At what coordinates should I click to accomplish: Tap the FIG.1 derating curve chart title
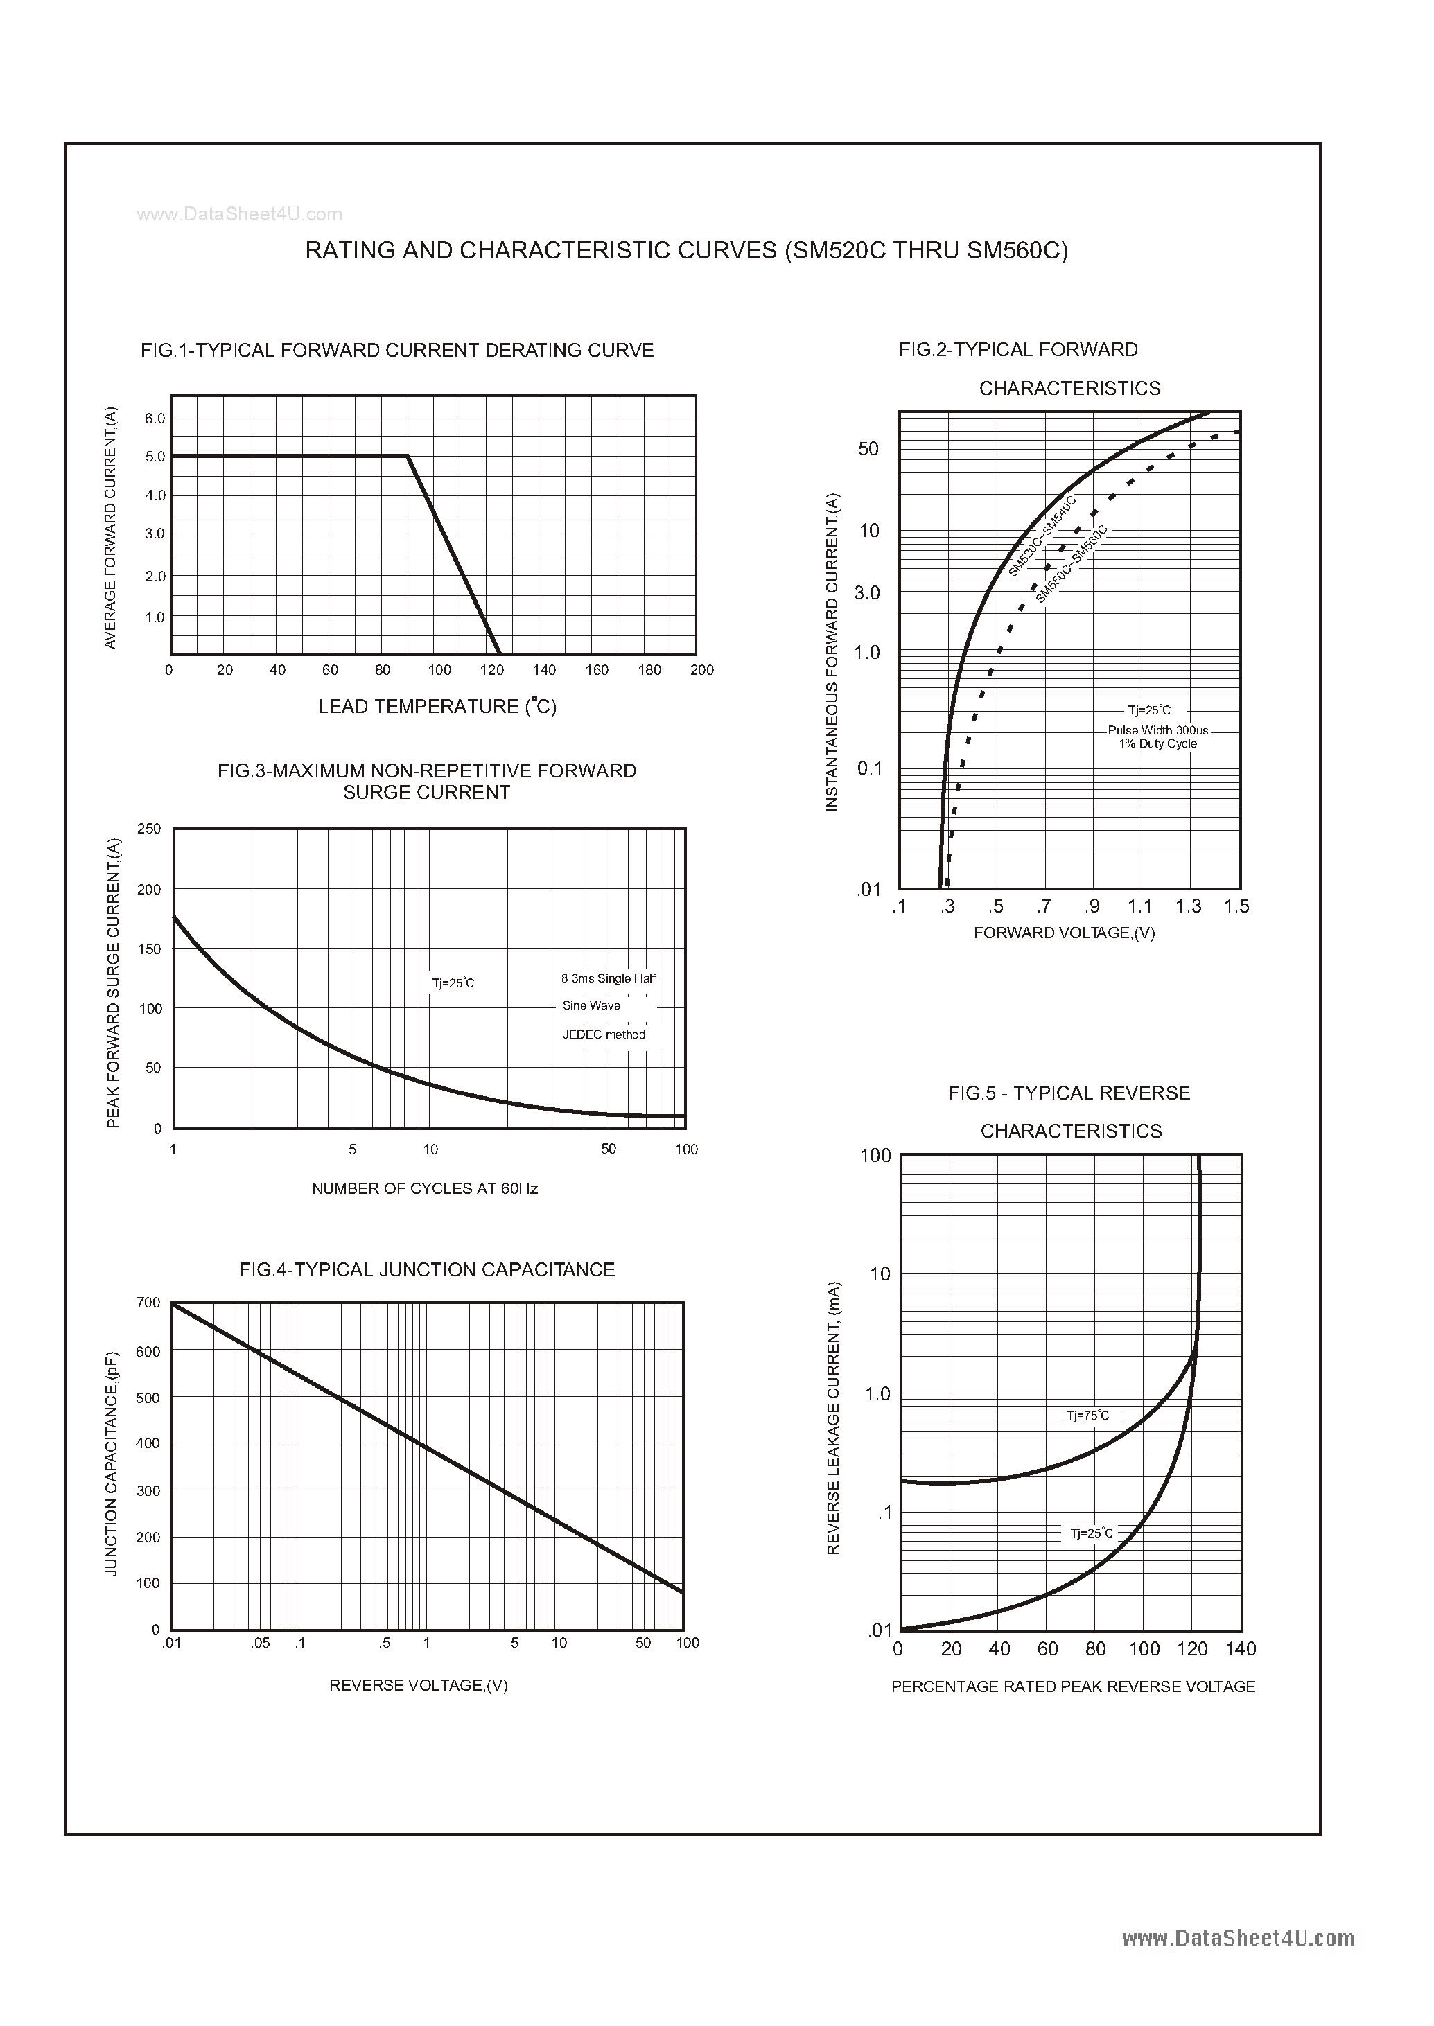click(x=396, y=351)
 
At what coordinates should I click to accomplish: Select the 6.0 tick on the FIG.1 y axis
click(x=155, y=419)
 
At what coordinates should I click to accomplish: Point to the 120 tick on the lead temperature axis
click(x=492, y=670)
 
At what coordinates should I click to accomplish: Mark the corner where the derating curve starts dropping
click(x=407, y=457)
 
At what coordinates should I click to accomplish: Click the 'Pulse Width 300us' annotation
click(x=1157, y=730)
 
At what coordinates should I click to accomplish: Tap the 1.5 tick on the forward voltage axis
click(x=1237, y=906)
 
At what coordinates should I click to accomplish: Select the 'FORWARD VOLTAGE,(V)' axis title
click(x=1064, y=933)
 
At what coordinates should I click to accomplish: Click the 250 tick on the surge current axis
click(x=149, y=829)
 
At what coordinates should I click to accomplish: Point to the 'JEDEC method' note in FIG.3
click(x=604, y=1034)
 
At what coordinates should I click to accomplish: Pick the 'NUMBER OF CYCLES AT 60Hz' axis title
click(x=425, y=1189)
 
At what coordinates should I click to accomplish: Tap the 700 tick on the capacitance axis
click(x=148, y=1303)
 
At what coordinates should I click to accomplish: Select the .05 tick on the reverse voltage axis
click(x=260, y=1643)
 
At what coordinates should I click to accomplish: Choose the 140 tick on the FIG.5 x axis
click(x=1241, y=1649)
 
